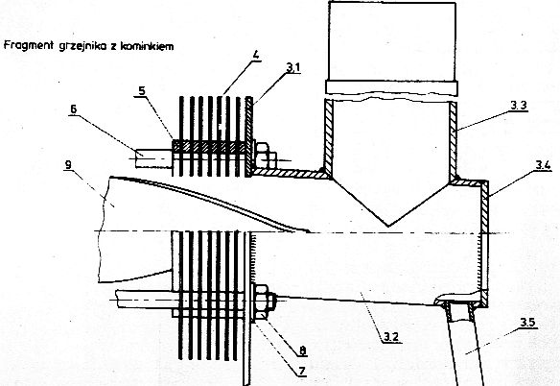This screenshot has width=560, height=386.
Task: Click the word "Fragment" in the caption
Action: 28,45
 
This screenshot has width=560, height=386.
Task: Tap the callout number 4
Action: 255,56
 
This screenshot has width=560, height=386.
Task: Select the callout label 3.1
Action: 292,67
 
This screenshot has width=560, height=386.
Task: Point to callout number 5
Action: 142,90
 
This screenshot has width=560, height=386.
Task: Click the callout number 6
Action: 73,109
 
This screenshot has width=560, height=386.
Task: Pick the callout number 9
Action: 68,164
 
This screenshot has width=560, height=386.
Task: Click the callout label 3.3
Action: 519,106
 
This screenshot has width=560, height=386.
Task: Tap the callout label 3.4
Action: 543,165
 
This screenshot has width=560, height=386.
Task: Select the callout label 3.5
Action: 527,323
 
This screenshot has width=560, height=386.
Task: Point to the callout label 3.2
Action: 391,336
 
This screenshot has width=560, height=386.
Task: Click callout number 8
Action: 303,350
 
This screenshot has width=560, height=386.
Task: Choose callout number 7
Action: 302,371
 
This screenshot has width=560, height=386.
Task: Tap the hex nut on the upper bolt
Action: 263,156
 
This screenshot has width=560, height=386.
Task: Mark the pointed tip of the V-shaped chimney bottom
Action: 388,226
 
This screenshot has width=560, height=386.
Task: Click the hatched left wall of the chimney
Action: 328,138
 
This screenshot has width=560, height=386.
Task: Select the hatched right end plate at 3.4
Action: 484,243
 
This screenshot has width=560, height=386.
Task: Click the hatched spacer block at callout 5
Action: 209,147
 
